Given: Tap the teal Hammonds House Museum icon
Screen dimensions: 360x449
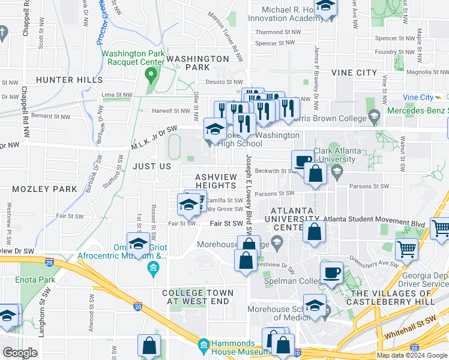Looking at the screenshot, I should click(x=203, y=346).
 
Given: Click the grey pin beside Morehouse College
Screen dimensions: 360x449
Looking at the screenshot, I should click(x=277, y=243).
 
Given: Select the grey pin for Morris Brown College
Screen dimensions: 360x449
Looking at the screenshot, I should click(x=375, y=116).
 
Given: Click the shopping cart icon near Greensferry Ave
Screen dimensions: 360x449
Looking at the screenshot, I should click(x=407, y=248).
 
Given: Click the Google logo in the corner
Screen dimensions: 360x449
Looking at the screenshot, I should click(x=20, y=353).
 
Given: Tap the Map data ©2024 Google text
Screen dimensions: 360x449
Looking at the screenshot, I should click(x=412, y=355).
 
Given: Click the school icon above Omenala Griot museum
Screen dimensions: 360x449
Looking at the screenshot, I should click(x=139, y=244).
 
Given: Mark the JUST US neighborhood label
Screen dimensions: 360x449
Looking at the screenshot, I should click(x=152, y=166).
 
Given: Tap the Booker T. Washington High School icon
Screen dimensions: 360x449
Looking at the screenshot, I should click(x=215, y=128).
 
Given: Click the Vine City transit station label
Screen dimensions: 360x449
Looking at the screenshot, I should click(x=418, y=97).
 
